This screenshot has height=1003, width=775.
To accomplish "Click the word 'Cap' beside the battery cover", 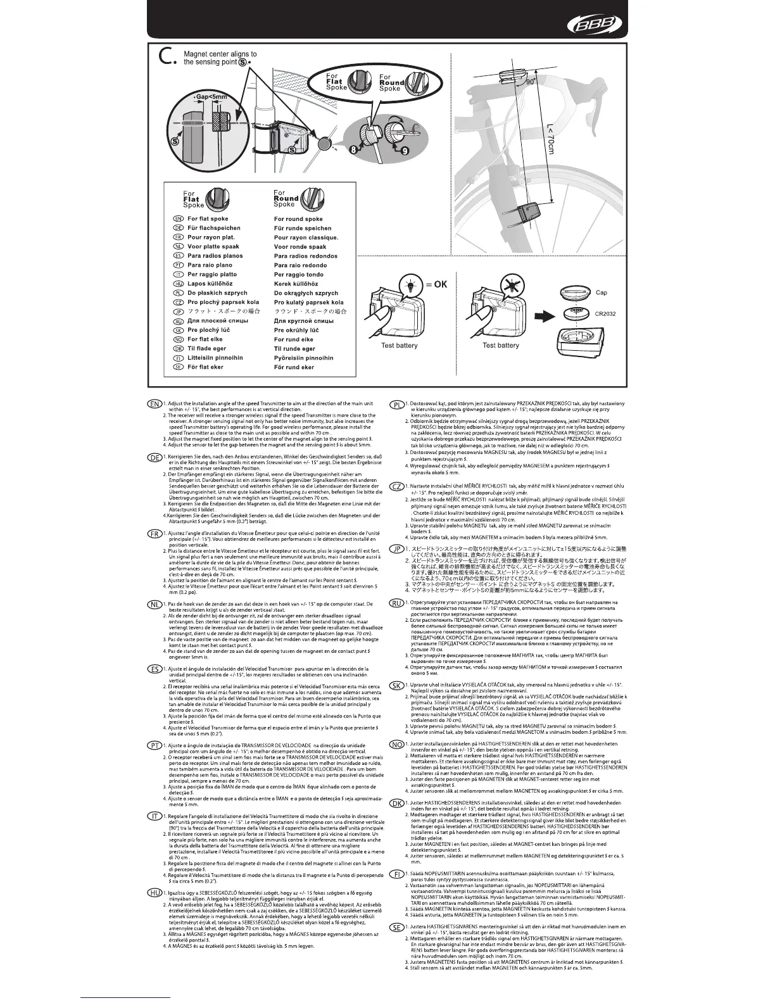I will pos(601,293).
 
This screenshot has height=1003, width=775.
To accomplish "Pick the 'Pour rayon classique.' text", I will pos(306,237).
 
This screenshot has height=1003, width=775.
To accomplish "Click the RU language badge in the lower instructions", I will pos(397,603).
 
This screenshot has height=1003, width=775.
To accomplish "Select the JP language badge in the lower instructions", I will pos(397,548).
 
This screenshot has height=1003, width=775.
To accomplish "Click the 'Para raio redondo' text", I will pos(301,265).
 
